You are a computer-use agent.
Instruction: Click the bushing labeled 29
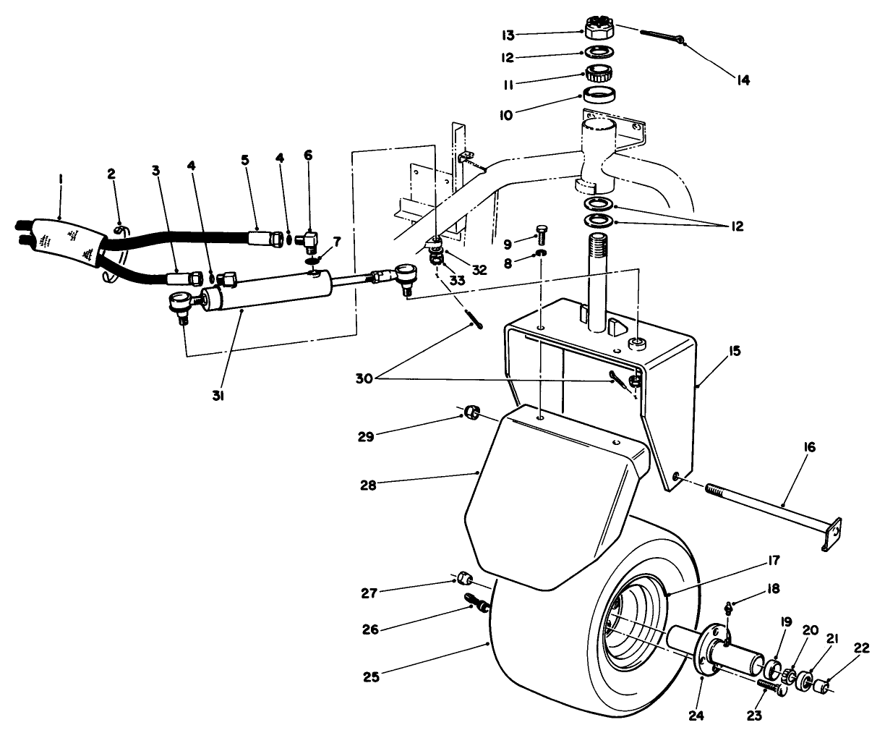471,412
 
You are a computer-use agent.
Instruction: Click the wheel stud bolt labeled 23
770,684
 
